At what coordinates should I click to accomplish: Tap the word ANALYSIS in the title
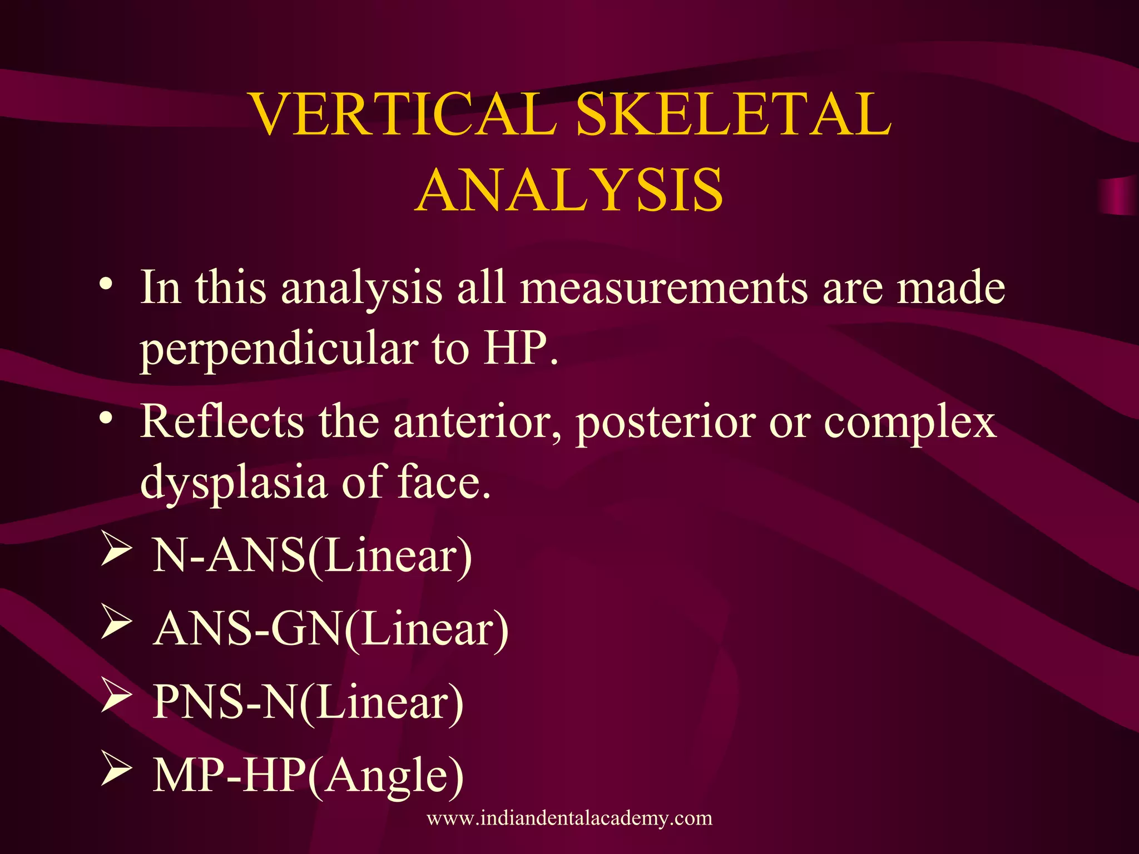[x=569, y=191]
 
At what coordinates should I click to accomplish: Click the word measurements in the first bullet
[x=664, y=288]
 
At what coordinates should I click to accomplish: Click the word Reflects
[x=221, y=421]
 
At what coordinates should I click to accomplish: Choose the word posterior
[x=665, y=421]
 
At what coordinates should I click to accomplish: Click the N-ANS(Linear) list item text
[x=312, y=555]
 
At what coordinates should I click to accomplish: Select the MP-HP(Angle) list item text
[x=308, y=776]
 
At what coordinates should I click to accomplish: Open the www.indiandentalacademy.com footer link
[x=569, y=818]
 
